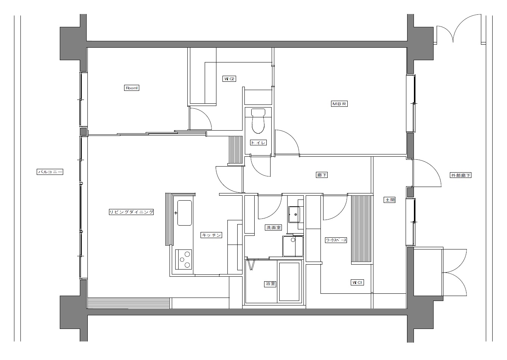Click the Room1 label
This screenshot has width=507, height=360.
132,88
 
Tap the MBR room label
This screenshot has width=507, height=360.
339,104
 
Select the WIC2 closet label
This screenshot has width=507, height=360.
229,79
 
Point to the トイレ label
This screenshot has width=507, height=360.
258,142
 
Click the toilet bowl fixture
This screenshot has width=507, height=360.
258,121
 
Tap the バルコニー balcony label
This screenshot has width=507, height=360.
50,172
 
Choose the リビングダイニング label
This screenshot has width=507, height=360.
131,212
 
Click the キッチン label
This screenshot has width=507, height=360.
211,235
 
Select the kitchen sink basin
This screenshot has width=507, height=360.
185,213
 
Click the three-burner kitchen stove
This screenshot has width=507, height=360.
184,259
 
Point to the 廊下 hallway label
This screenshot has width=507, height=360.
322,175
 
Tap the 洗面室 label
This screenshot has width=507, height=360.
274,228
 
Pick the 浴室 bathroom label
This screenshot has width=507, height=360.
270,284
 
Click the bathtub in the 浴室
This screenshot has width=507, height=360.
289,282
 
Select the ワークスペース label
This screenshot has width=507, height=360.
336,240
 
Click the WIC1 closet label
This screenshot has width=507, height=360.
357,282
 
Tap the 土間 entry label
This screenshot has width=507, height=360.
390,200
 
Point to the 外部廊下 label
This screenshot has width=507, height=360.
460,175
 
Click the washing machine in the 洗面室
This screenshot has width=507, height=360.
293,246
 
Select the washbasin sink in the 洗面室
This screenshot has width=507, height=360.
294,214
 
